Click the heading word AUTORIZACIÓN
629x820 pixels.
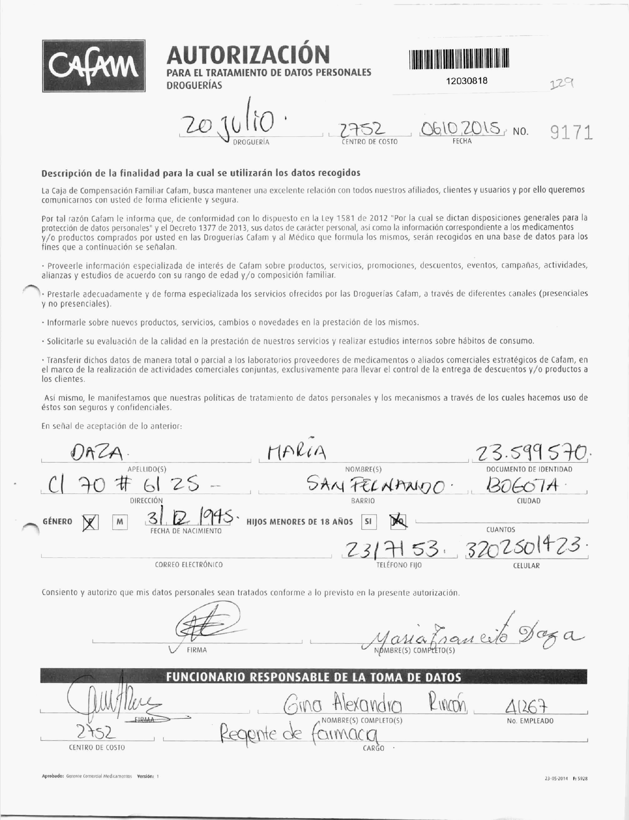click(x=248, y=55)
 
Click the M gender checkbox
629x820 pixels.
click(x=120, y=522)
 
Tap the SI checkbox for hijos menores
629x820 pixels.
click(x=369, y=521)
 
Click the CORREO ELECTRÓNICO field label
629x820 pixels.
click(x=189, y=565)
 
